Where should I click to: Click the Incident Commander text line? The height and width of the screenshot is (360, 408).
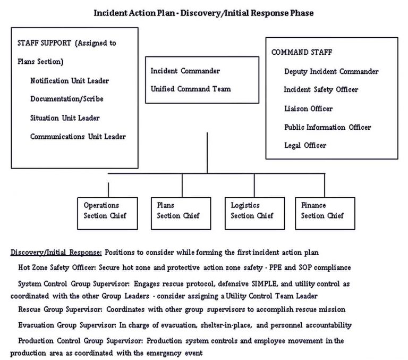[x=185, y=71]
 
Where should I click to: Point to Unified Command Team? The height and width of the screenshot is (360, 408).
[x=191, y=89]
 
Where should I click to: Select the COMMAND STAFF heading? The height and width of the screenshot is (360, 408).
[x=302, y=53]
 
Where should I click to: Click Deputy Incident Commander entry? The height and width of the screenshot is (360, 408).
[x=331, y=71]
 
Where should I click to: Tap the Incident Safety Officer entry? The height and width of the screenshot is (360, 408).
[x=321, y=90]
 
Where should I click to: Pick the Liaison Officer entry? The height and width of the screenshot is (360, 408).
[x=308, y=108]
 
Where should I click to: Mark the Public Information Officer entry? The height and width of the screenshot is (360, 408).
[x=327, y=127]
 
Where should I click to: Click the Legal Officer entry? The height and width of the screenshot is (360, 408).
[x=305, y=145]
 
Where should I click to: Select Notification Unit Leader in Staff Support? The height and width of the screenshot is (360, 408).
[x=70, y=81]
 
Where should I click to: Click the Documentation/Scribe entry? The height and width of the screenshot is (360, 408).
[x=66, y=99]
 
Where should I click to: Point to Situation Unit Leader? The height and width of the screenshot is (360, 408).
[x=65, y=118]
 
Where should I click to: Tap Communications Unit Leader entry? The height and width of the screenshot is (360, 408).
[x=78, y=137]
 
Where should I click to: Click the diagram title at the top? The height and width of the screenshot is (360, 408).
[x=203, y=13]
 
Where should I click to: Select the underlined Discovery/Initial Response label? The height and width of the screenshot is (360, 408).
[x=56, y=252]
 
